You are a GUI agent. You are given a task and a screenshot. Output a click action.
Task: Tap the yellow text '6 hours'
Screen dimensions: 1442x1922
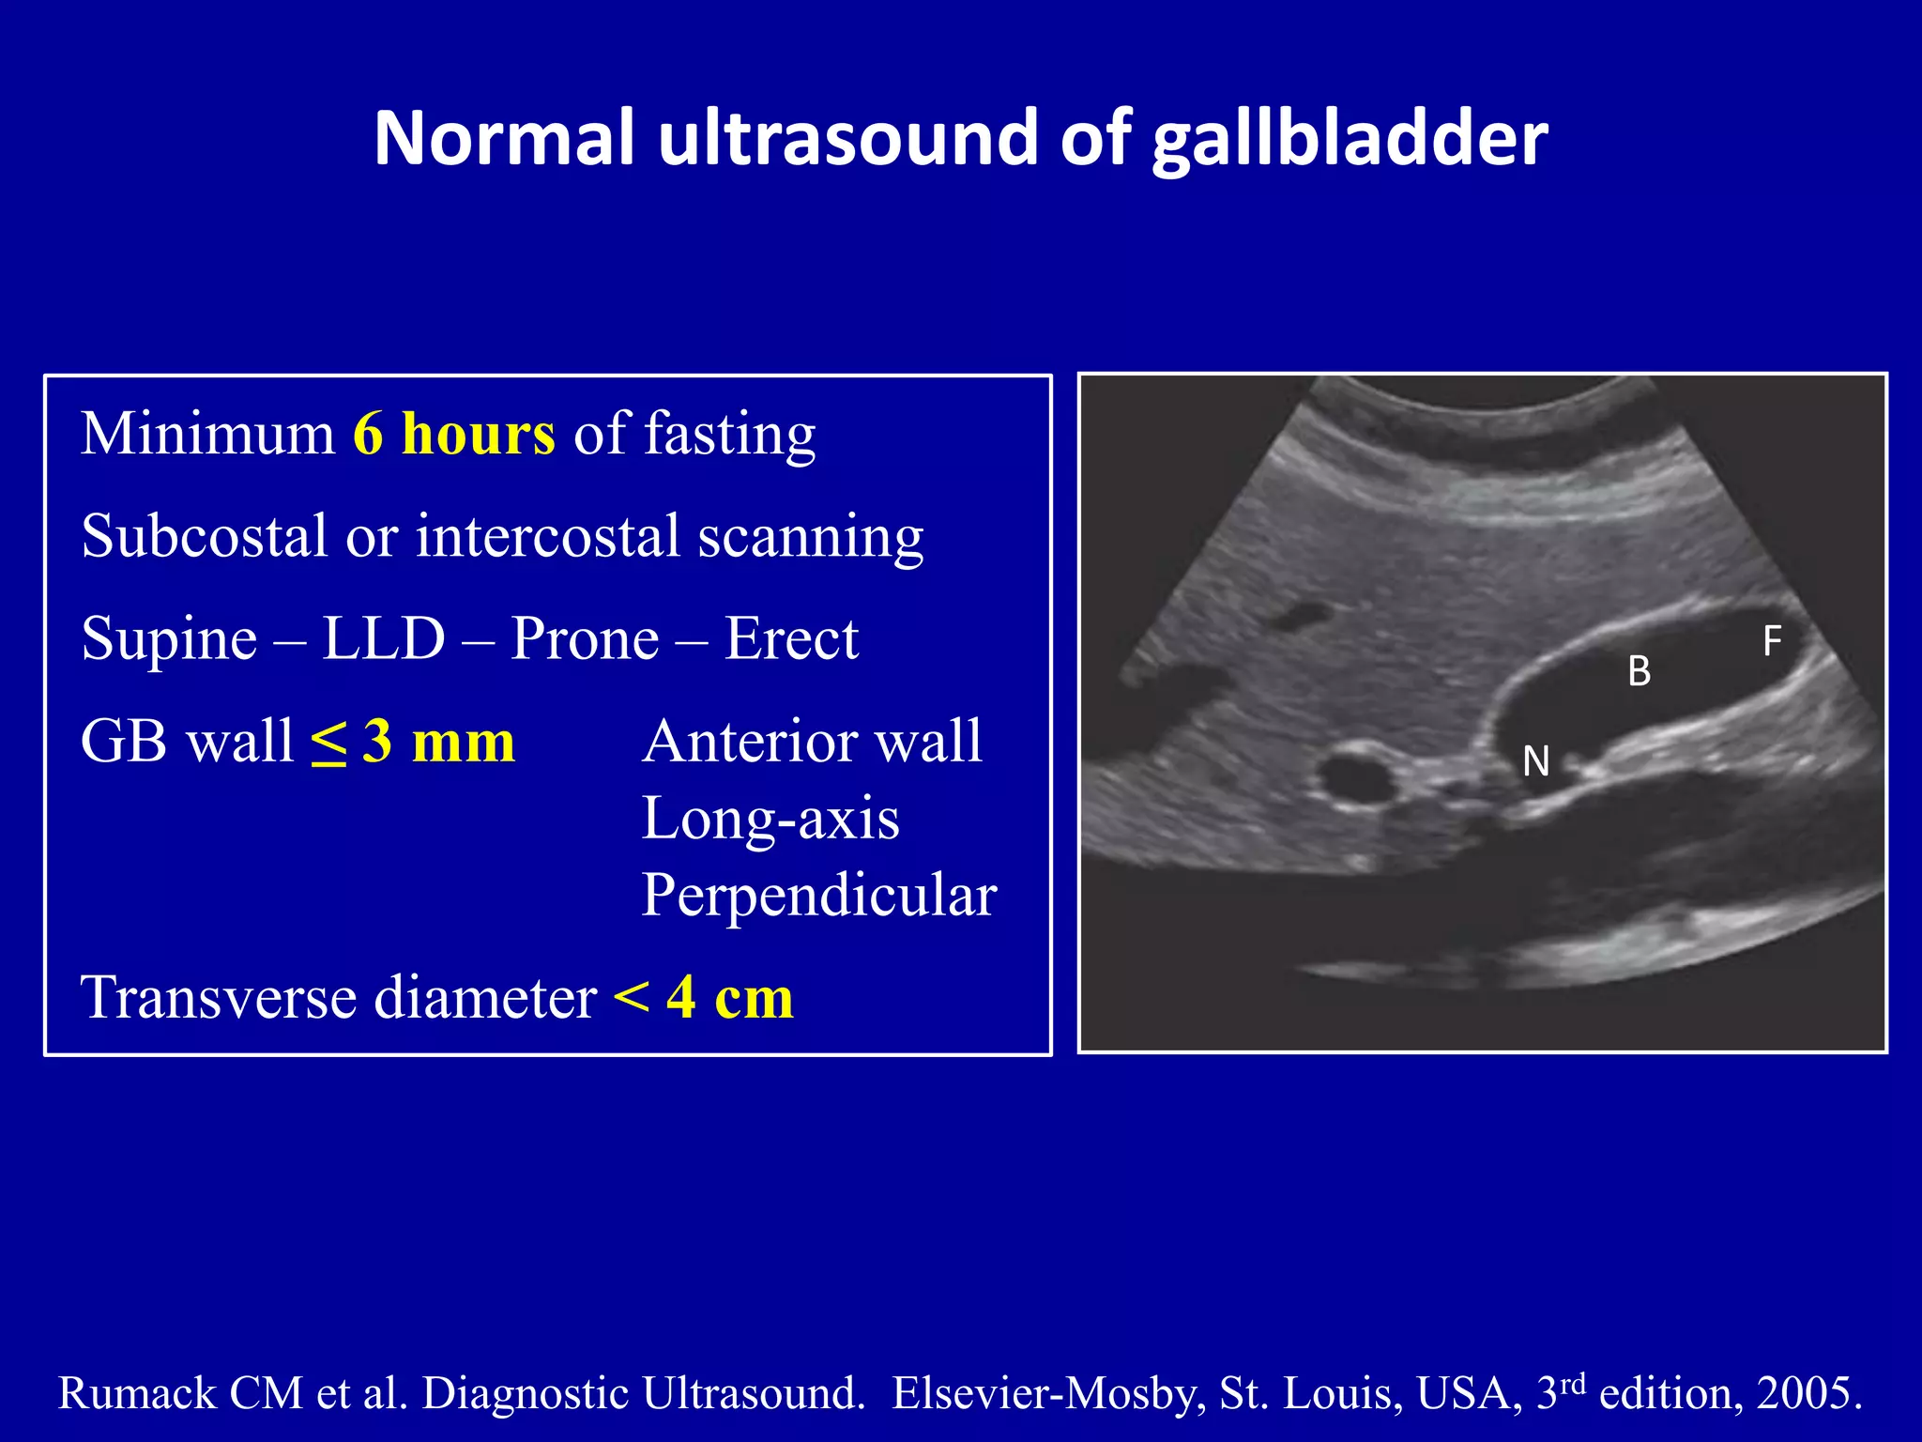pos(454,435)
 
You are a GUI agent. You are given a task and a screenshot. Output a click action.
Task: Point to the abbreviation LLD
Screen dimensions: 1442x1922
pos(383,639)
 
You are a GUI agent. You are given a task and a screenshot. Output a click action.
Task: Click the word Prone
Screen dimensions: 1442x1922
pos(585,639)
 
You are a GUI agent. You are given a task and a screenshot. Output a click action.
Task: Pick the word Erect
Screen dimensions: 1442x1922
pos(791,639)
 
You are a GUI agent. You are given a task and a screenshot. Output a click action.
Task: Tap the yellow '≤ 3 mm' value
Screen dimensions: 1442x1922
pos(413,742)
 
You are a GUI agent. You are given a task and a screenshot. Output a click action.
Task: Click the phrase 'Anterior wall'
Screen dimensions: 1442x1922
pos(812,742)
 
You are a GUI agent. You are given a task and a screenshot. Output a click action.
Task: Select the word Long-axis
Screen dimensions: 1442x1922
pos(770,819)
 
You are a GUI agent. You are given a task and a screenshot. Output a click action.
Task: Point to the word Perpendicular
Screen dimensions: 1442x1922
pos(818,896)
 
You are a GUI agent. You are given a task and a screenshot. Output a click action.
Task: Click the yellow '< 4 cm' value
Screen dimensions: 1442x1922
pos(703,998)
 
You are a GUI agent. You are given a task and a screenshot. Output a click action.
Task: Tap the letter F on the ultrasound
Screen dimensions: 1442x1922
pos(1772,642)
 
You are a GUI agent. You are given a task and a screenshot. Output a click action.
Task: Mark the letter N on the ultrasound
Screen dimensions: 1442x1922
pos(1535,761)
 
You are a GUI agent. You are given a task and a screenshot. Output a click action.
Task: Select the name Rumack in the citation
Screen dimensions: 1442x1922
pos(139,1393)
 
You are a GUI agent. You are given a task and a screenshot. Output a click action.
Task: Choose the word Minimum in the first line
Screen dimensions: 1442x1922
pos(207,435)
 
